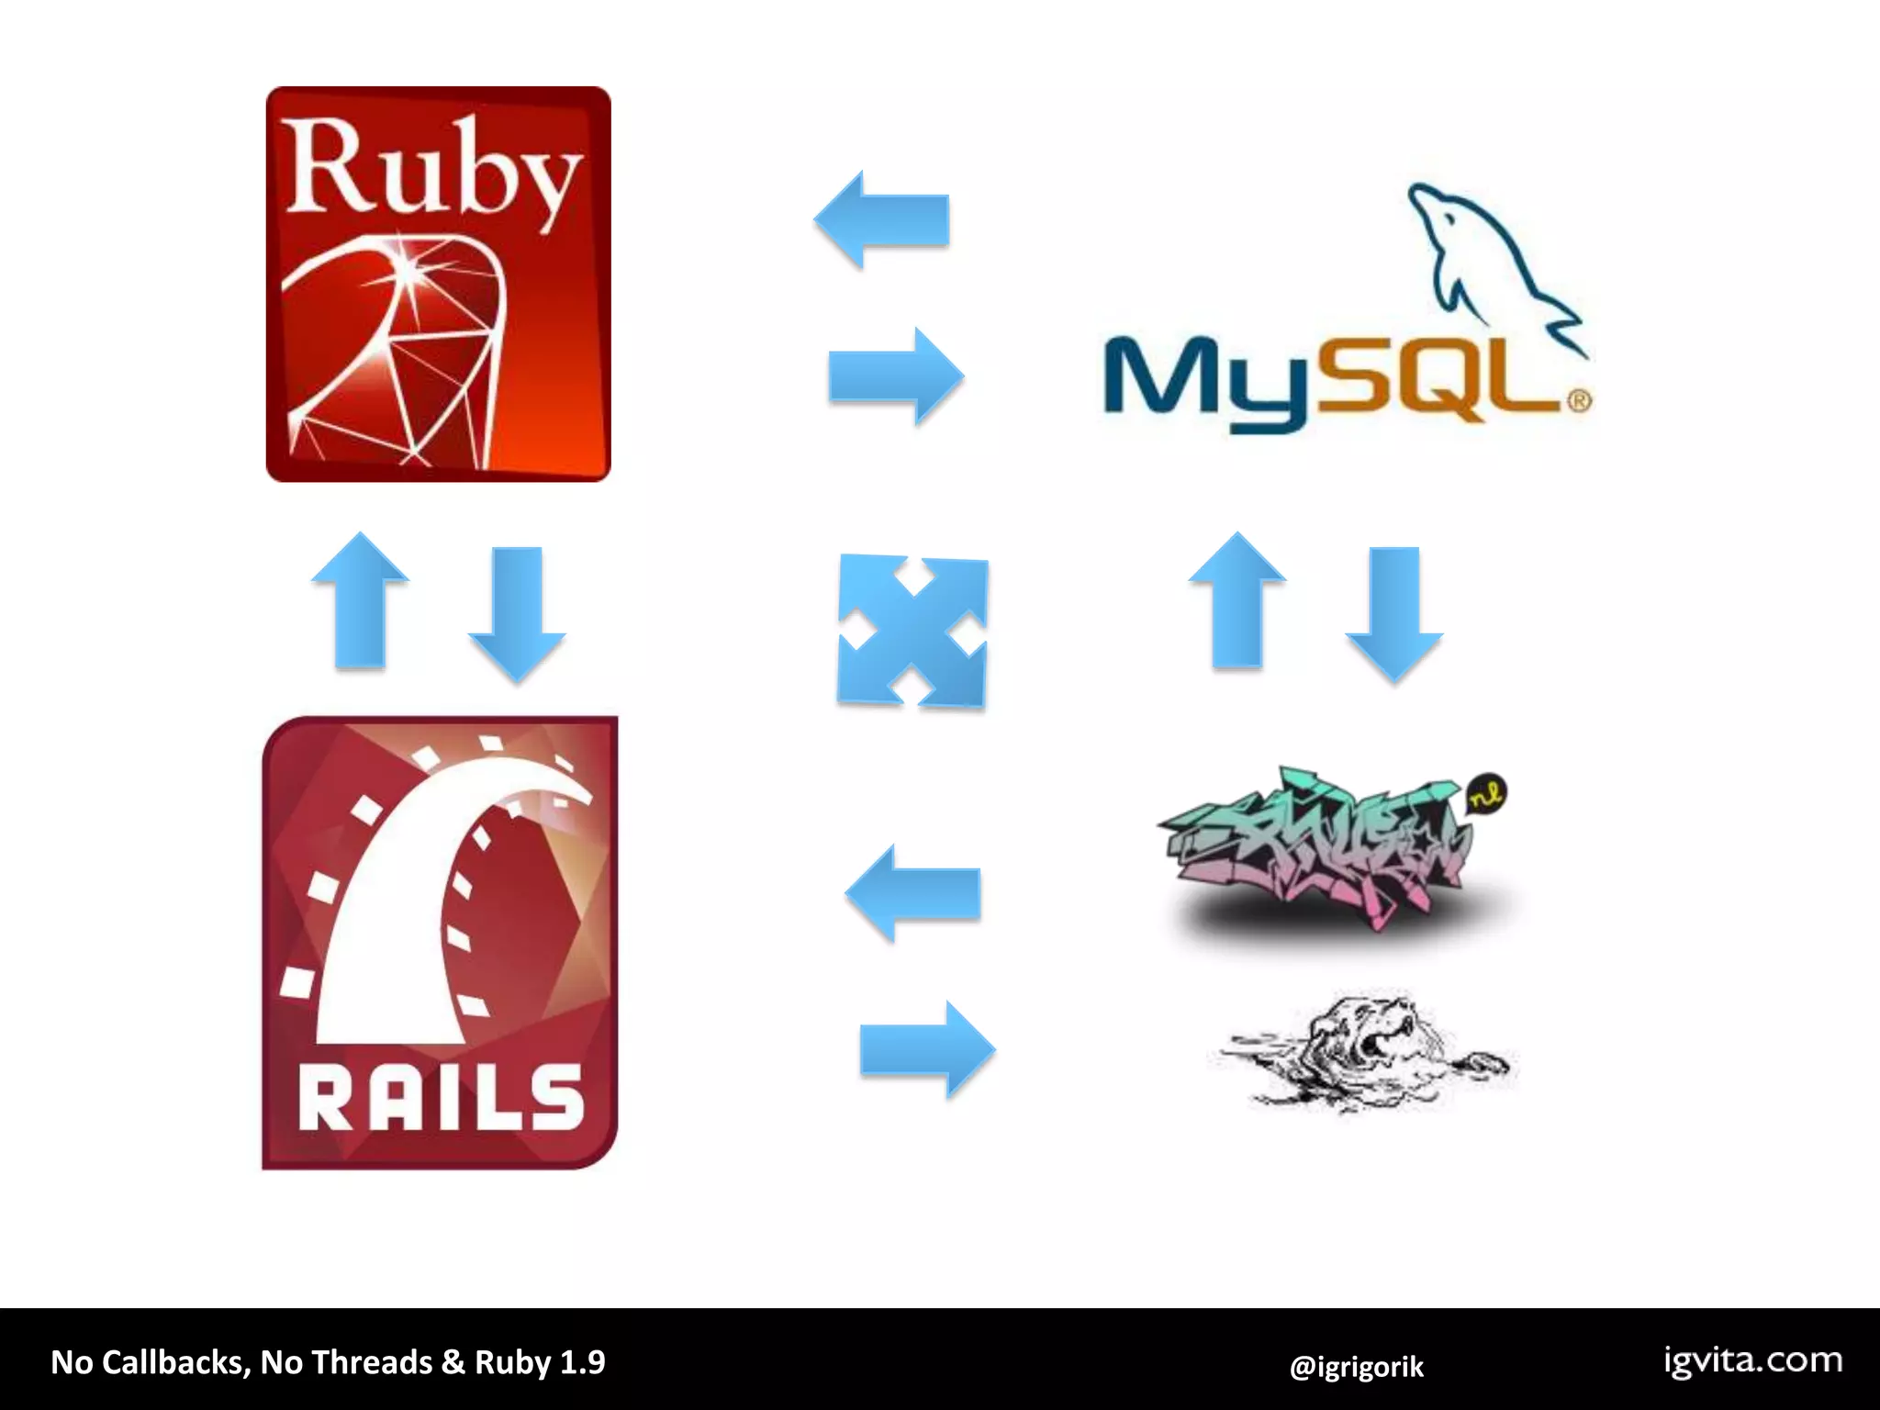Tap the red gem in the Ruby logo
(x=404, y=349)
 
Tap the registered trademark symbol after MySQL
(x=1579, y=401)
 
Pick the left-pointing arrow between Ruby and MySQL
(x=881, y=220)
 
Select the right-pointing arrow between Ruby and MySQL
(x=896, y=376)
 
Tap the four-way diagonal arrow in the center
(x=912, y=632)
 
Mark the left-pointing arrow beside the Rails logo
(x=912, y=893)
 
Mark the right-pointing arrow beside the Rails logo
(x=927, y=1049)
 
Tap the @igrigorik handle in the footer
(x=1356, y=1367)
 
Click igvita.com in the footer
(x=1753, y=1360)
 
